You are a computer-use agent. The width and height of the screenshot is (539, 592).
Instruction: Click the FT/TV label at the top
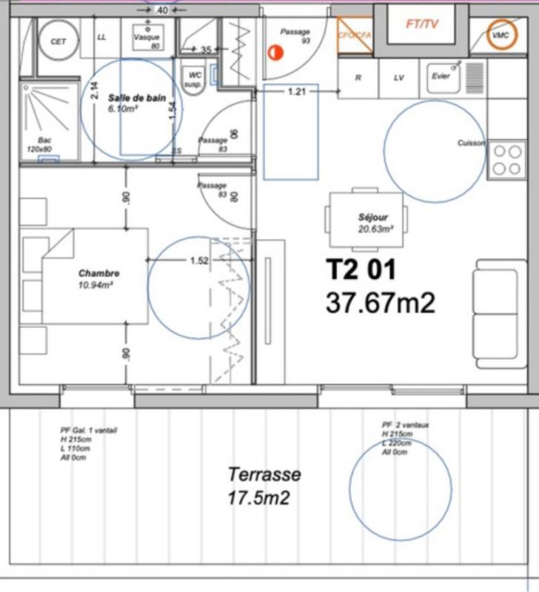[422, 24]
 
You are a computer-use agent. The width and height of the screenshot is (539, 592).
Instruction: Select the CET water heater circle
[58, 42]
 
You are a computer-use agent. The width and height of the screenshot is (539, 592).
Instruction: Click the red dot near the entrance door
[276, 53]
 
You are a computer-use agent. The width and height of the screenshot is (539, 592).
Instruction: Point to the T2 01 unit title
[361, 270]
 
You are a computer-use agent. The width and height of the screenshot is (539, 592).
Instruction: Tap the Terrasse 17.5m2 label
[264, 485]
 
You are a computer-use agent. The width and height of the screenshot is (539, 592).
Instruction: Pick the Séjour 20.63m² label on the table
[372, 223]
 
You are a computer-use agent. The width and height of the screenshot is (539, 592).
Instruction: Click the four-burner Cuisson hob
[506, 159]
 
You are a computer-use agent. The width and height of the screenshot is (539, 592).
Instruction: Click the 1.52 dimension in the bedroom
[199, 260]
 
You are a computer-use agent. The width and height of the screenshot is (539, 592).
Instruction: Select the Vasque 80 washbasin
[146, 41]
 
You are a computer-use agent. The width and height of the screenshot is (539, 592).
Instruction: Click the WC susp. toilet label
[195, 79]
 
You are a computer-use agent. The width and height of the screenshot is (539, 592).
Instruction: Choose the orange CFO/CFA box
[354, 35]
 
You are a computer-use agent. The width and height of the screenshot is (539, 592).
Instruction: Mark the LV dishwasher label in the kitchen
[399, 77]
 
